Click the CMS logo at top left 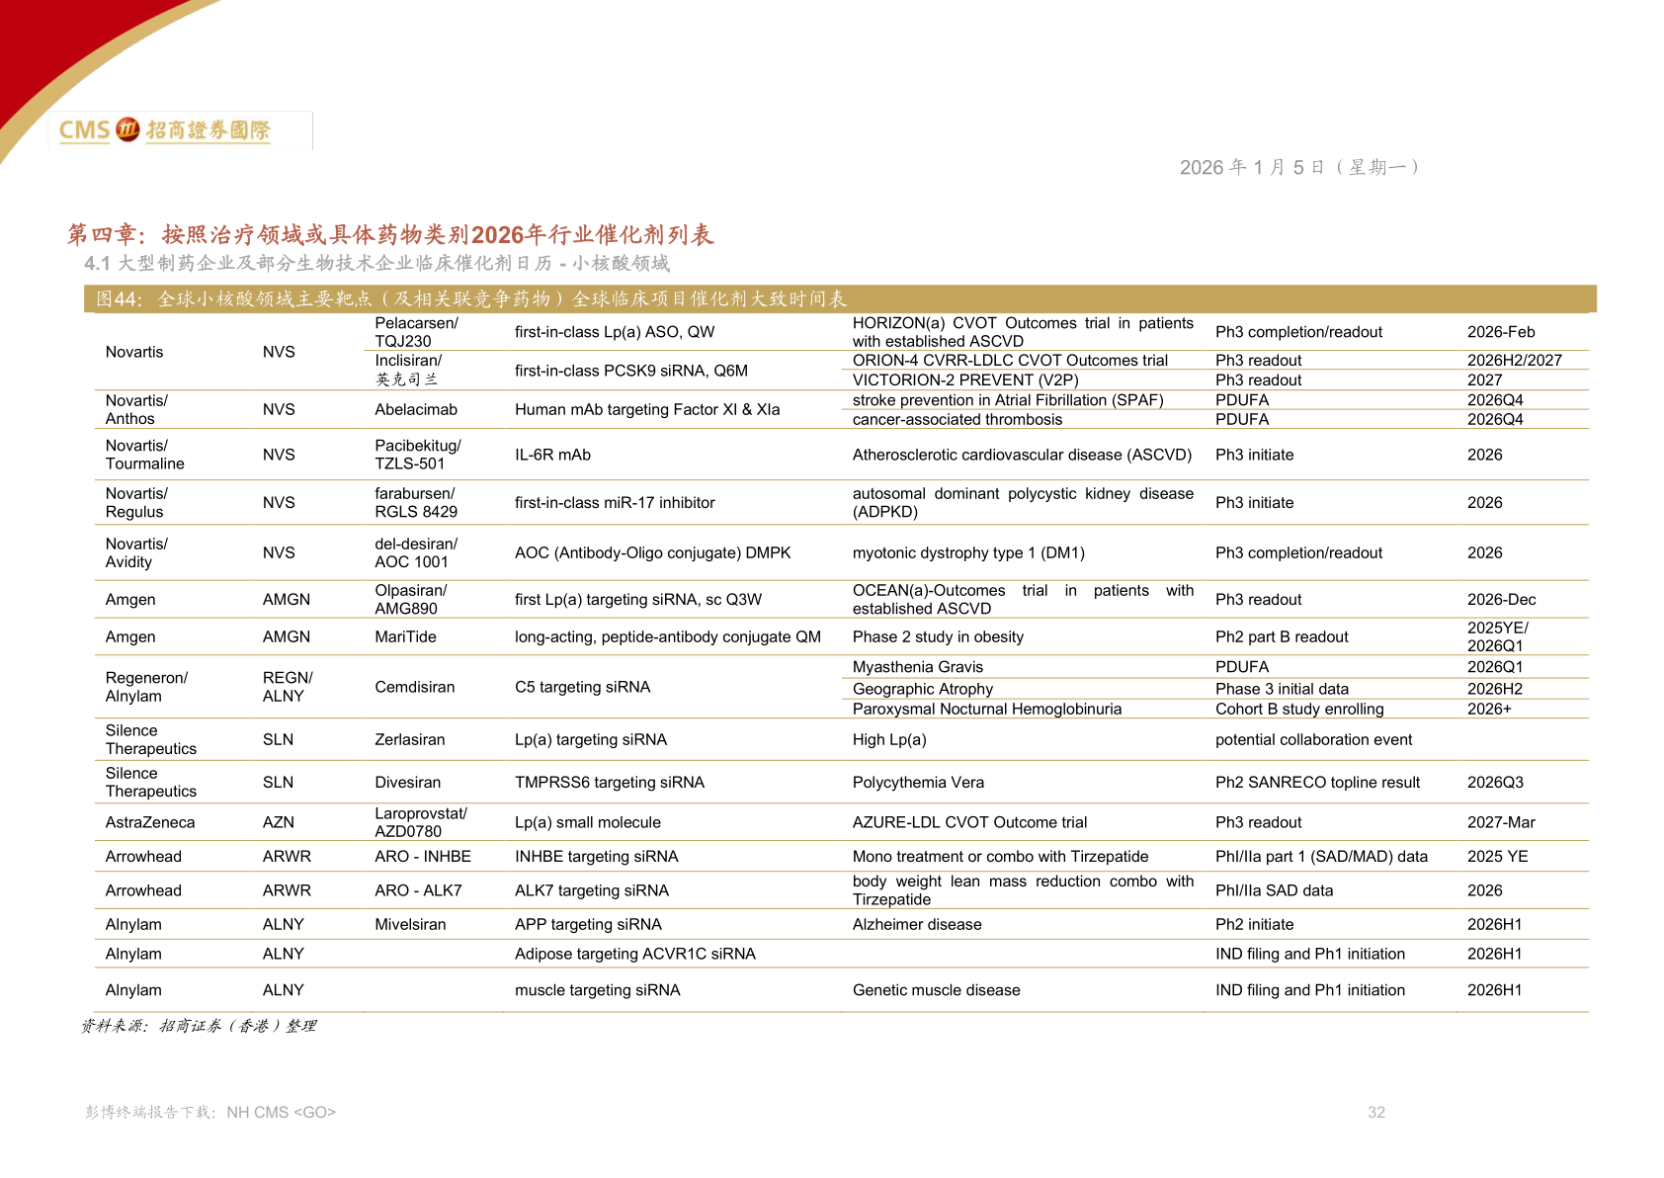pos(164,130)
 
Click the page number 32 pos(1375,1112)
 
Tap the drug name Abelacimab pos(416,409)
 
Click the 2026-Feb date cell pos(1501,332)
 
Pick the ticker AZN pos(279,822)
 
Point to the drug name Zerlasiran pos(409,740)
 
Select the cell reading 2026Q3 pos(1495,782)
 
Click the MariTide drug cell pos(405,636)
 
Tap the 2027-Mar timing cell pos(1501,822)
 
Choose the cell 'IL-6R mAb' pos(552,455)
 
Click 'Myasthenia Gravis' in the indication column pos(917,667)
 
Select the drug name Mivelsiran pos(410,925)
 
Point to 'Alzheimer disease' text pos(917,925)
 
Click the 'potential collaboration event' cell pos(1313,740)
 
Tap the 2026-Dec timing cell pos(1501,600)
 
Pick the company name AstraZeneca pos(150,822)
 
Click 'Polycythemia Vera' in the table pos(918,782)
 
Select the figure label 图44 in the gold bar pos(119,299)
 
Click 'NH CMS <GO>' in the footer pos(281,1112)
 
